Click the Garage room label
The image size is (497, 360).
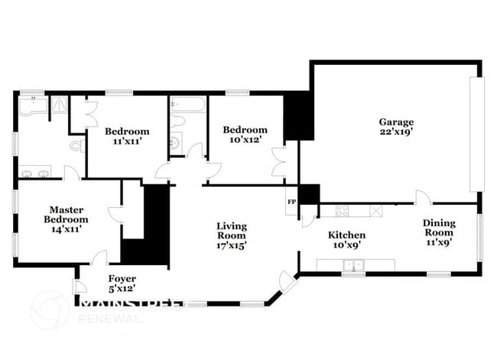pos(395,122)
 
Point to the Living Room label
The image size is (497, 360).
pos(232,230)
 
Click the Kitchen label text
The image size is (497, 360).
pos(346,235)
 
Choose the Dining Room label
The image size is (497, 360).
pos(440,229)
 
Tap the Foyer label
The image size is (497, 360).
pos(122,278)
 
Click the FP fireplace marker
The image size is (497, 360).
pos(291,202)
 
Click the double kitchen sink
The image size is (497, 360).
pos(354,265)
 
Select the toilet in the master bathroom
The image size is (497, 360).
pos(76,144)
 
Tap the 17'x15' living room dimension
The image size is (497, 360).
pos(232,246)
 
